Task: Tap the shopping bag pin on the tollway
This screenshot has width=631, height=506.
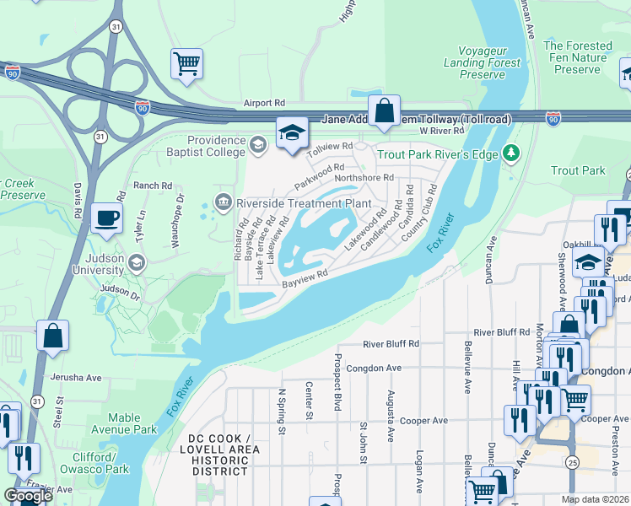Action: tap(384, 110)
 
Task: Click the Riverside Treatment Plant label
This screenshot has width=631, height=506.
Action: tap(304, 202)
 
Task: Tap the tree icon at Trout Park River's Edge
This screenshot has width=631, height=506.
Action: tap(509, 153)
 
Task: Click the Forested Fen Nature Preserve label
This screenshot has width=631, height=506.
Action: tap(578, 57)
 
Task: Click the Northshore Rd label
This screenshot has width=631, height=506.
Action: tap(364, 178)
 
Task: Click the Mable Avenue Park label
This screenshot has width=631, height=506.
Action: tap(132, 423)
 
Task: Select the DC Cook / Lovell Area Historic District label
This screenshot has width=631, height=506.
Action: tap(220, 455)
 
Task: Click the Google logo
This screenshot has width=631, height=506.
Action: tap(29, 496)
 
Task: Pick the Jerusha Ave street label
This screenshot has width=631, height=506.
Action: tap(75, 377)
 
